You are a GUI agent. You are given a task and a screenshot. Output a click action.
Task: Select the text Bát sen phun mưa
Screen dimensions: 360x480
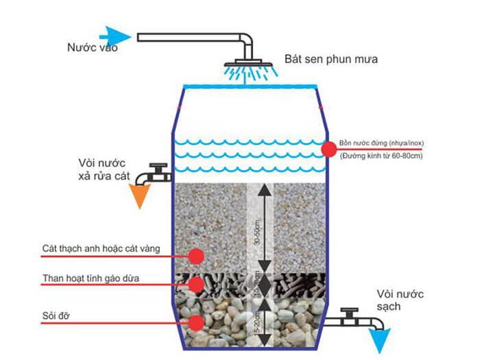click(x=331, y=60)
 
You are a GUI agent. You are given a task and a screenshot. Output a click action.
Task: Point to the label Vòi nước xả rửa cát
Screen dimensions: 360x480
click(x=104, y=170)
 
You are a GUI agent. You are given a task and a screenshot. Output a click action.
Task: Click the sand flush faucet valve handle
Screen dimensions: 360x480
click(x=159, y=167)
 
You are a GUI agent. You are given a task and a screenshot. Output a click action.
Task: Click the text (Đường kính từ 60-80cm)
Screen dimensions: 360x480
click(x=381, y=156)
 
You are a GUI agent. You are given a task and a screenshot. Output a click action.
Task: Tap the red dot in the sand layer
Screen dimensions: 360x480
click(x=196, y=256)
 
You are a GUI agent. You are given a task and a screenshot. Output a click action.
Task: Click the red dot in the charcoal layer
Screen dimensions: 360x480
click(x=196, y=284)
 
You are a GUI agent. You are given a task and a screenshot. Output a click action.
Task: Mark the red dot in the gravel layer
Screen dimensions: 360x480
click(x=196, y=322)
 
